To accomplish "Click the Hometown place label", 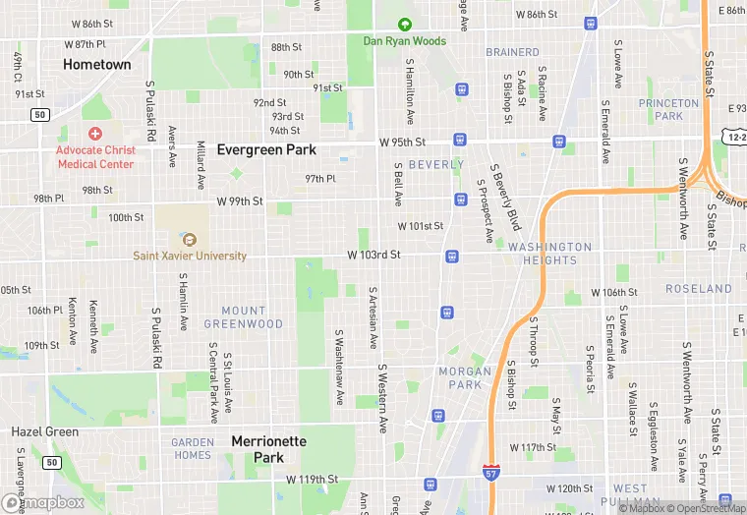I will [96, 64].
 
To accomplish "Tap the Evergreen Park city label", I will [266, 150].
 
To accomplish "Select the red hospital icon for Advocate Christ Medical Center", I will [95, 133].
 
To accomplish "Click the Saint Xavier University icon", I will [190, 239].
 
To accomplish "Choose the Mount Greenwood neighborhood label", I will [244, 317].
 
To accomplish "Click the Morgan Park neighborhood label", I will [464, 377].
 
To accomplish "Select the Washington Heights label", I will [549, 254].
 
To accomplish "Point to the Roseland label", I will [699, 289].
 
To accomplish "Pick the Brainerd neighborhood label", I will [512, 52].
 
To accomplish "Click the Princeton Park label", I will [668, 109].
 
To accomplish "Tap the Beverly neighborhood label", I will [435, 165].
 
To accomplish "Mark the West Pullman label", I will [630, 494].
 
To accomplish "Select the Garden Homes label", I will [192, 448].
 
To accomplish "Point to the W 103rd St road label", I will [373, 255].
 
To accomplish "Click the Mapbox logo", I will [43, 501].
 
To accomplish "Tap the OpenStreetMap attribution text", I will [705, 508].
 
